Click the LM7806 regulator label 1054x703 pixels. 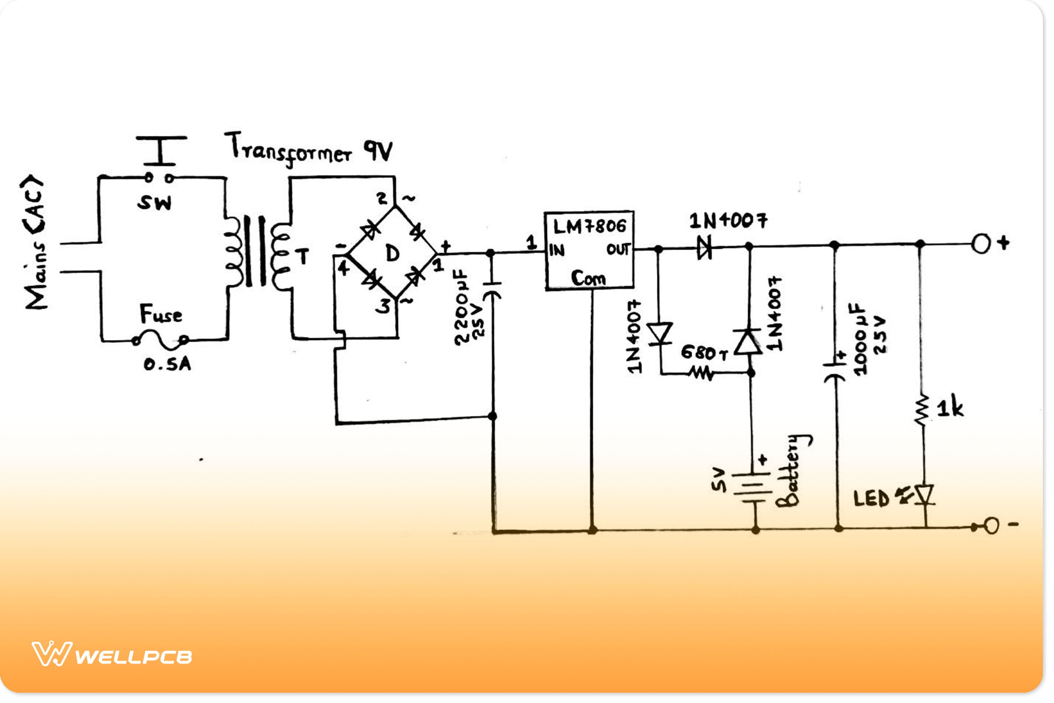[x=589, y=227]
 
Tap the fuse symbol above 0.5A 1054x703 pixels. [x=160, y=340]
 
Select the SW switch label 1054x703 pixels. [x=154, y=203]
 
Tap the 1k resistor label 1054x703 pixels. [x=949, y=408]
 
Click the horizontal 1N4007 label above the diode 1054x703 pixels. [x=728, y=221]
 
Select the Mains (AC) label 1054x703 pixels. [x=35, y=242]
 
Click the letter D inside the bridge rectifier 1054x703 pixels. [x=392, y=254]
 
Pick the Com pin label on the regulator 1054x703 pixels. [x=588, y=278]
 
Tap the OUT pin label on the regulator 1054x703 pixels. [x=618, y=249]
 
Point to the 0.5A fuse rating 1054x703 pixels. [x=167, y=364]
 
